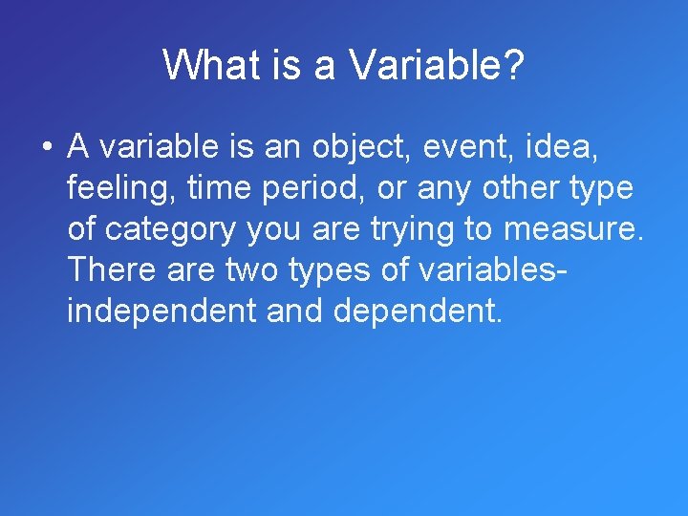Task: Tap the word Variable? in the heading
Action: pyautogui.click(x=437, y=66)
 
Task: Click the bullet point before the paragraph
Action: pyautogui.click(x=45, y=148)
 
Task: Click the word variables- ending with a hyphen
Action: pyautogui.click(x=492, y=271)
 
